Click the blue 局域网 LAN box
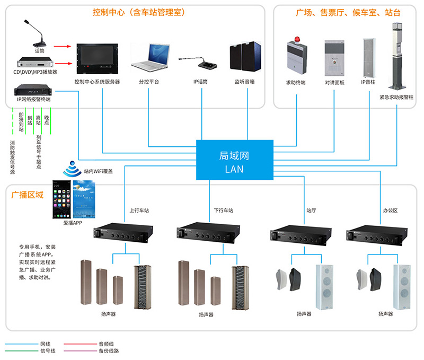235,161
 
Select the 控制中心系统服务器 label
98,82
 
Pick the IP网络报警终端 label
34,99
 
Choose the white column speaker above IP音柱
368,57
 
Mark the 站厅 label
312,210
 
